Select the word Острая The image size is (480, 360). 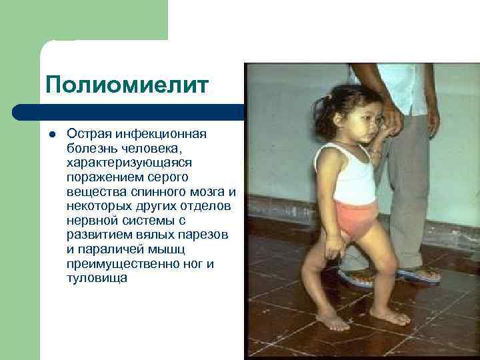[x=87, y=134]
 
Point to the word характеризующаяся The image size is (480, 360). [x=125, y=163]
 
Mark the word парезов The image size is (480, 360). [x=205, y=235]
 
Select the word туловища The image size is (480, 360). [x=97, y=278]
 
